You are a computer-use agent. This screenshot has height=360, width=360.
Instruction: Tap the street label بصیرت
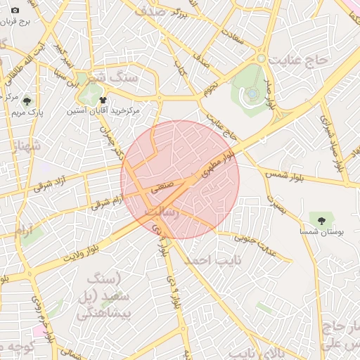[277, 204]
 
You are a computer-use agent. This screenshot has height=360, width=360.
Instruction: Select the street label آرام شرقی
[105, 202]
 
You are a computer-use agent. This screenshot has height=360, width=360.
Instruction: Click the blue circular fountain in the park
[252, 93]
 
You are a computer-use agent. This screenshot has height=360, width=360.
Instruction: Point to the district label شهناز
[27, 147]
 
